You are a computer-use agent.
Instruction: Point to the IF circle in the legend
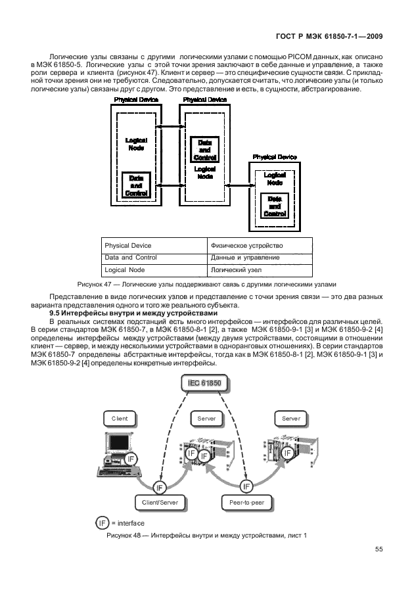[x=102, y=522]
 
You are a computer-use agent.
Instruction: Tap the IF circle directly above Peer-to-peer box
[x=246, y=486]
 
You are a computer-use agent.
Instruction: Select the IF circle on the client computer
[x=131, y=459]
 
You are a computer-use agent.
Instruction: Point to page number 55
[x=379, y=549]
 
